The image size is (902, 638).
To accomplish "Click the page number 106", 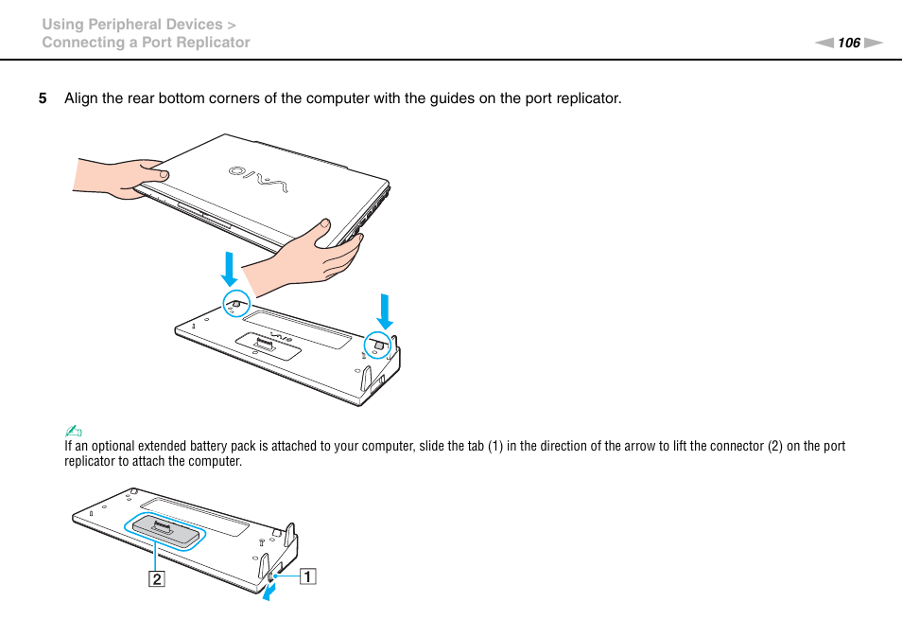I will (x=849, y=43).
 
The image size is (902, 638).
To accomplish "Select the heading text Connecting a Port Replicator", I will (x=146, y=43).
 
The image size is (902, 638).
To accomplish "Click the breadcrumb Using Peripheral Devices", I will (x=131, y=25).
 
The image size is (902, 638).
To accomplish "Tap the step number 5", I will (x=42, y=98).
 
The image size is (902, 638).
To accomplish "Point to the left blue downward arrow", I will (x=229, y=268).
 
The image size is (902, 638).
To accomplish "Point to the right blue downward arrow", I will (x=384, y=310).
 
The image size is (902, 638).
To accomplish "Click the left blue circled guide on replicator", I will (x=236, y=304).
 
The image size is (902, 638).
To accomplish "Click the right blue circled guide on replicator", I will (x=379, y=346).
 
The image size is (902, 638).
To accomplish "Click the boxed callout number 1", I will (x=308, y=575).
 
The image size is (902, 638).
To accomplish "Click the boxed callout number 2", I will (x=155, y=580).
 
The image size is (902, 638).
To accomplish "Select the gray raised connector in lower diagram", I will (x=165, y=531).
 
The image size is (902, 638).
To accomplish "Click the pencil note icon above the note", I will (x=69, y=433).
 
